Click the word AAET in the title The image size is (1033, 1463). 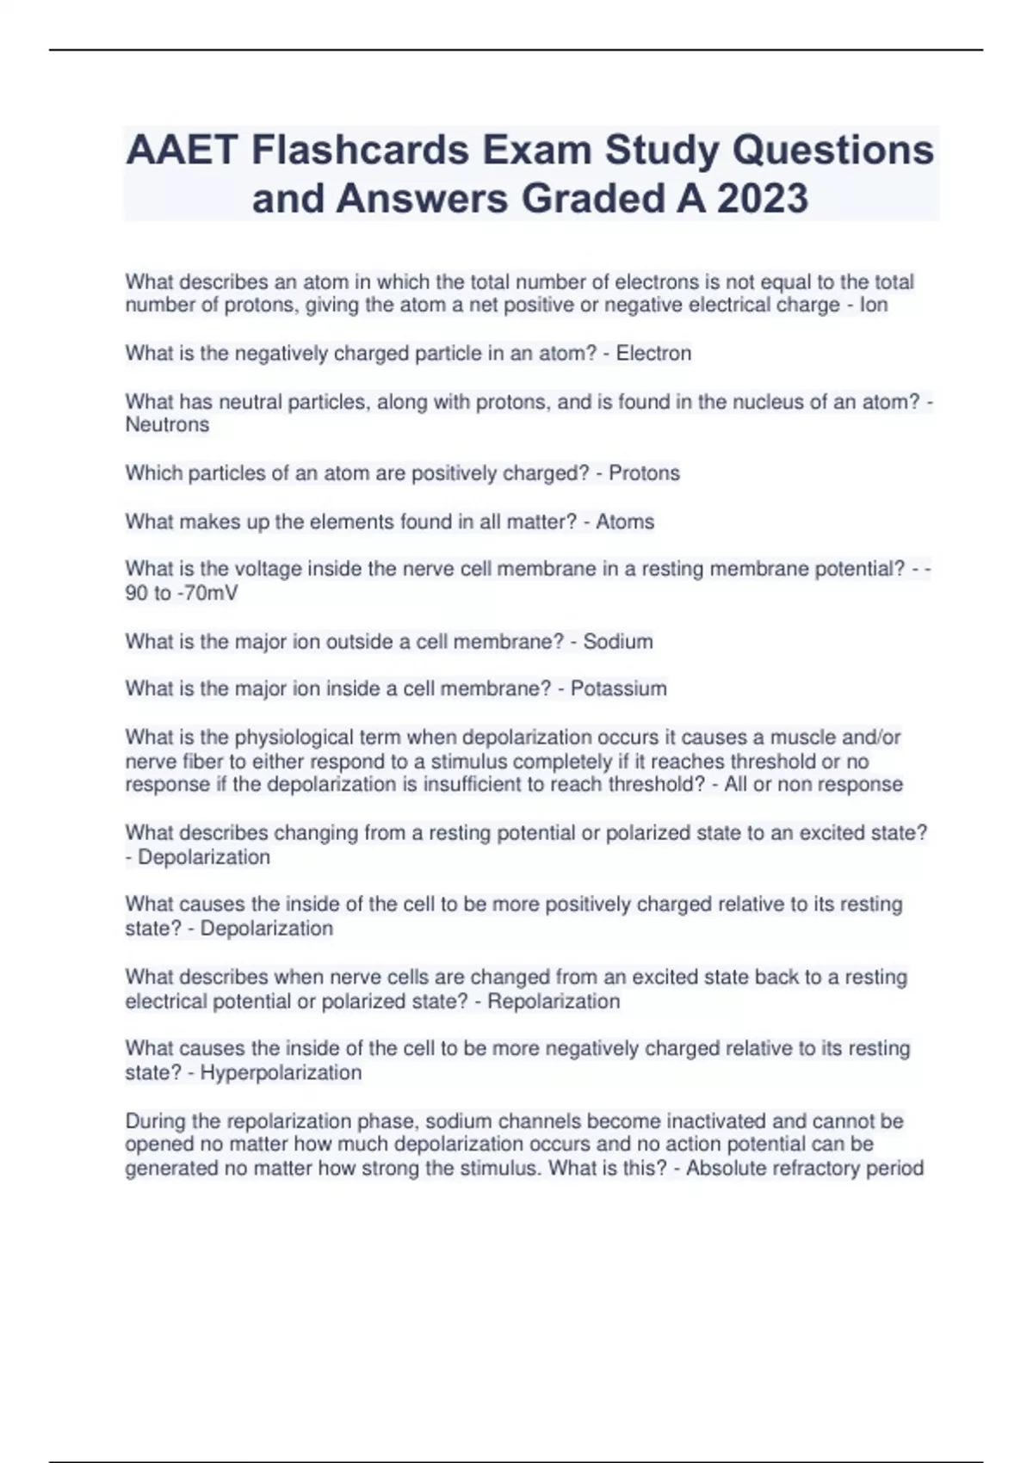click(x=182, y=151)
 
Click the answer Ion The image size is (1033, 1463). click(x=874, y=306)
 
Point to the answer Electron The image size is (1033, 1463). click(x=653, y=354)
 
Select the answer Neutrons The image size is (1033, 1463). click(x=167, y=425)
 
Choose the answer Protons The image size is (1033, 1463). click(x=644, y=473)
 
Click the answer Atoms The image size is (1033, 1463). click(x=625, y=522)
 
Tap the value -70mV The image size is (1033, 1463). click(x=207, y=593)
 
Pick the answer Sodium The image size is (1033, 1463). click(x=618, y=641)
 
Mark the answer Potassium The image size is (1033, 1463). click(x=618, y=688)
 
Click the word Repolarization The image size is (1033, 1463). click(x=554, y=1002)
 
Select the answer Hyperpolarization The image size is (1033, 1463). click(x=281, y=1073)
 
